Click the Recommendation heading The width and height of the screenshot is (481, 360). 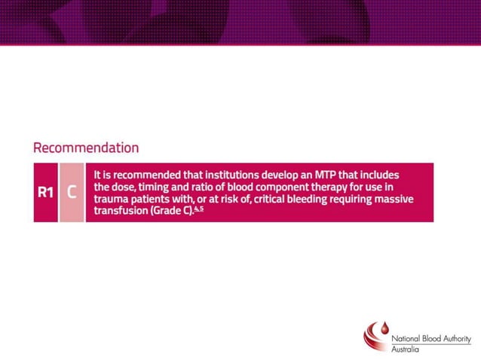[x=86, y=148]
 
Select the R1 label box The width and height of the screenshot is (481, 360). [x=45, y=192]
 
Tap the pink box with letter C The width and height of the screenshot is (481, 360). [x=72, y=192]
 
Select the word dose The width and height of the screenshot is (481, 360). [x=125, y=186]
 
